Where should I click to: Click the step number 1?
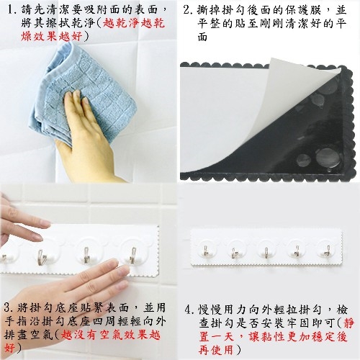[11, 10]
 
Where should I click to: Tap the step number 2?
[187, 10]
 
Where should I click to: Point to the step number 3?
[9, 307]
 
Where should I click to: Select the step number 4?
[188, 310]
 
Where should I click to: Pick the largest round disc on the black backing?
[328, 158]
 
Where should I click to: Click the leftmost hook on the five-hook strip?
[206, 251]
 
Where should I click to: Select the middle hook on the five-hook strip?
[266, 252]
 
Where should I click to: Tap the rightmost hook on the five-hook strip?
[328, 251]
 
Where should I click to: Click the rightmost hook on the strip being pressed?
[133, 255]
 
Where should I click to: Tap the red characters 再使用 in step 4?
[216, 350]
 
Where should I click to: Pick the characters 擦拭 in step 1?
[63, 23]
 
